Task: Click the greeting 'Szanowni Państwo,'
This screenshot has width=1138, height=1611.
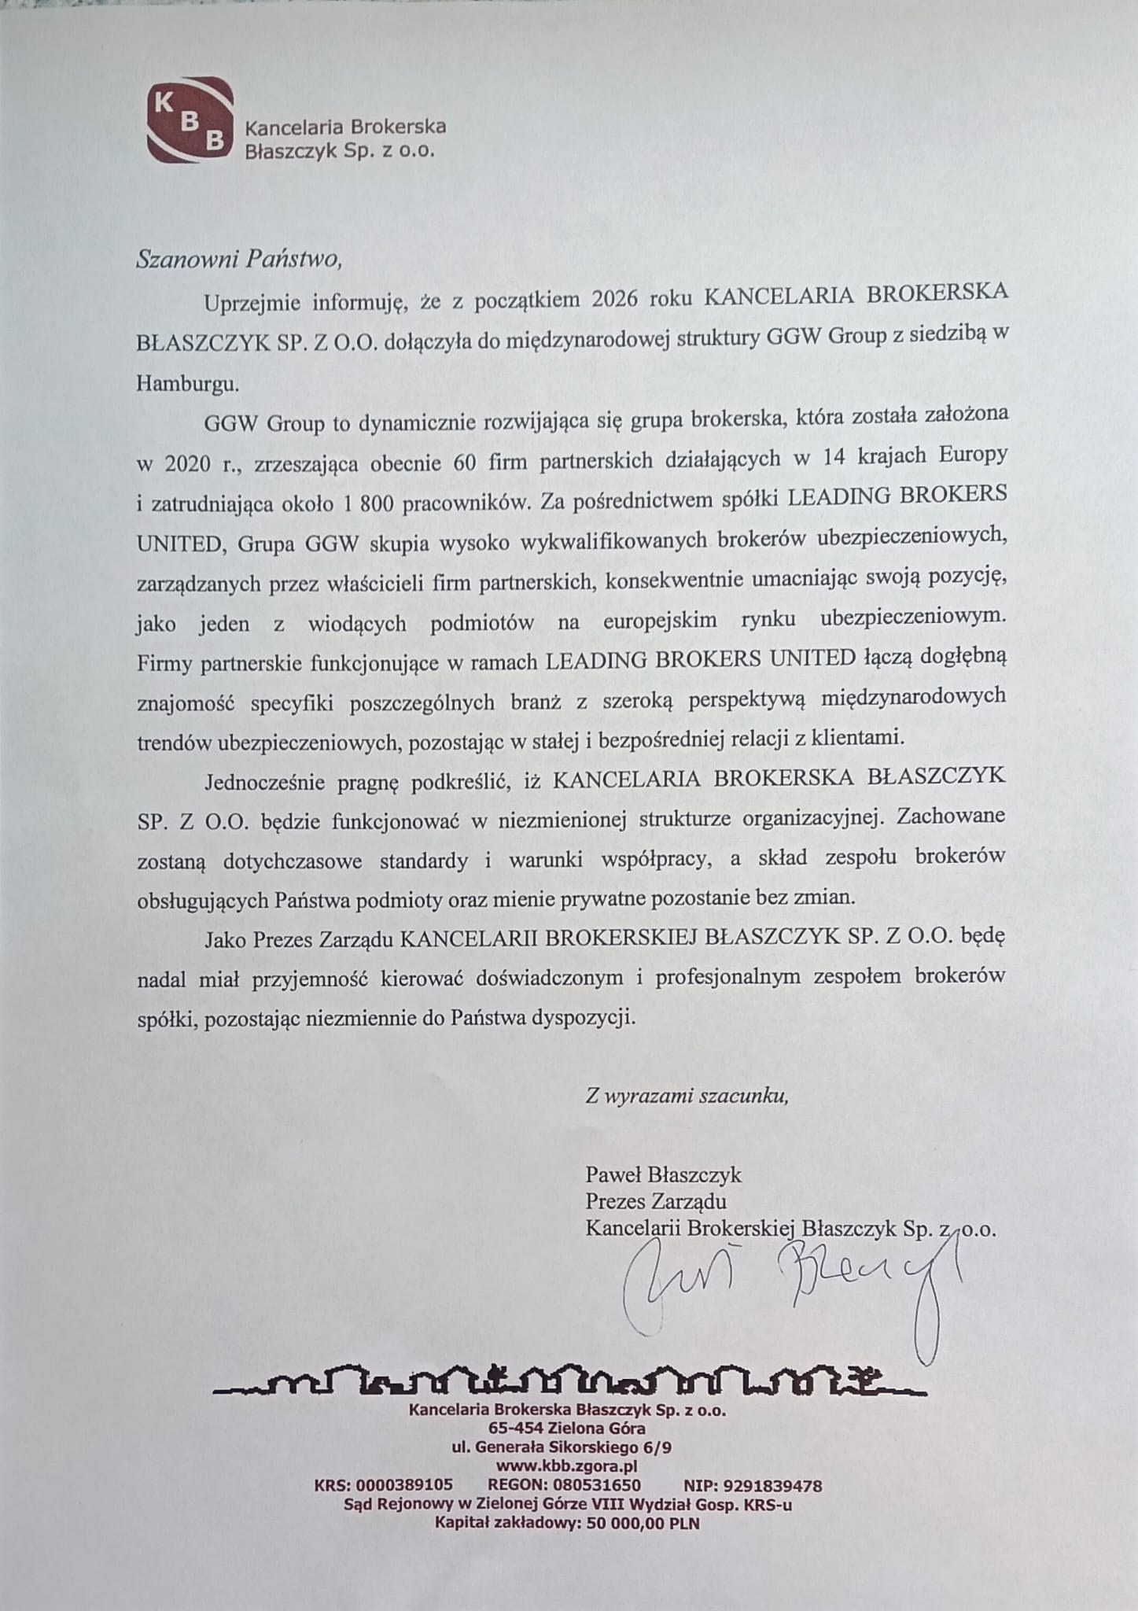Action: click(x=239, y=259)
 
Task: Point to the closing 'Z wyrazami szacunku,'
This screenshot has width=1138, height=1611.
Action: click(x=687, y=1096)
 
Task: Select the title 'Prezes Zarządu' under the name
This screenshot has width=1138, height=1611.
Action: click(x=655, y=1201)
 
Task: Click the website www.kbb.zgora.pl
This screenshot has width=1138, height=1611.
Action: click(x=566, y=1466)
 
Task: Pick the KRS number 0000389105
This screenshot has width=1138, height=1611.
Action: click(x=404, y=1486)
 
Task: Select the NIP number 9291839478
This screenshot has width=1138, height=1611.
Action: click(x=775, y=1486)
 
